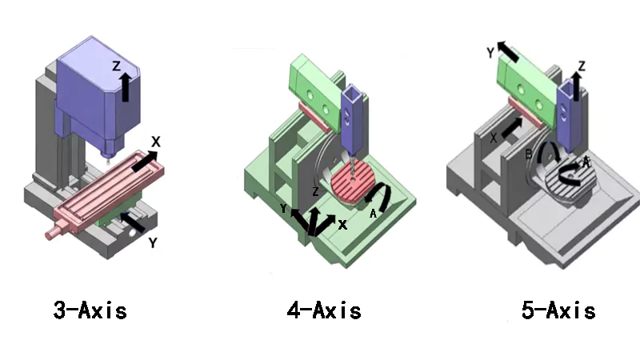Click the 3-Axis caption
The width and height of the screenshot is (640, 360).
click(x=90, y=310)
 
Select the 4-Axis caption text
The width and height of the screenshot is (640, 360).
click(x=324, y=310)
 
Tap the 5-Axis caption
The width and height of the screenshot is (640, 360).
click(x=558, y=310)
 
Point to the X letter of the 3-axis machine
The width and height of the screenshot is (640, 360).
click(x=156, y=142)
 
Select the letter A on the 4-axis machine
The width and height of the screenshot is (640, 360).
click(x=373, y=214)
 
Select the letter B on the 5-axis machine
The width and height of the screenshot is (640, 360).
click(x=529, y=153)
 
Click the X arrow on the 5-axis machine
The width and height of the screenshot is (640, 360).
click(x=512, y=127)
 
